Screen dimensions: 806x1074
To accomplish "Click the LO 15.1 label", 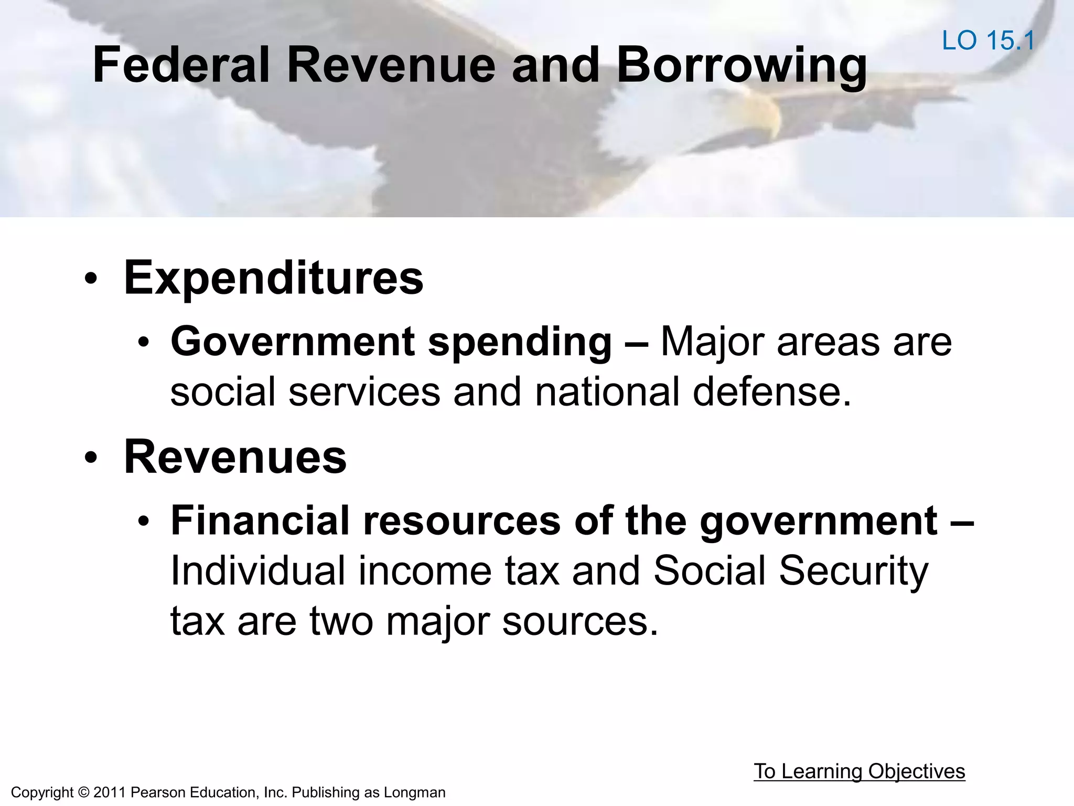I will pos(988,40).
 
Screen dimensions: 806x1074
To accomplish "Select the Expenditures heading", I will pos(273,278).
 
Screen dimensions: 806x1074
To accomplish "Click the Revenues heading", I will pos(235,457).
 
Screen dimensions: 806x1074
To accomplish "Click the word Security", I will pos(853,571).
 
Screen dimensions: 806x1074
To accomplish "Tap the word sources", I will pos(579,621).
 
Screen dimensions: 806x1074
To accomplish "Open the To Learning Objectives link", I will pos(859,771).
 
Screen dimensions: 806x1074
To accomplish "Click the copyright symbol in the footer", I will pos(83,792).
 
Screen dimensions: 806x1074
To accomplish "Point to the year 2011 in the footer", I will pos(110,792).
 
